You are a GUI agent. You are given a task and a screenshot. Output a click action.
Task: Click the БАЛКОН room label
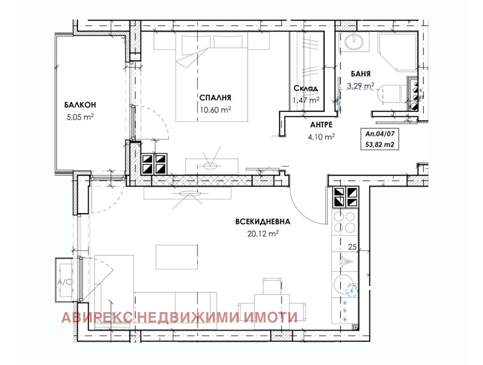click(80, 105)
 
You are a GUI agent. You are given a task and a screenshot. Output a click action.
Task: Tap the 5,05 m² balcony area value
click(80, 117)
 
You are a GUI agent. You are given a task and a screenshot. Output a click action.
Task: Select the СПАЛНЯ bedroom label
click(215, 98)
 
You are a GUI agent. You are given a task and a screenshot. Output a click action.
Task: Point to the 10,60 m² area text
click(215, 110)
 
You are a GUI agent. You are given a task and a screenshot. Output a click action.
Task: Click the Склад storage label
click(306, 88)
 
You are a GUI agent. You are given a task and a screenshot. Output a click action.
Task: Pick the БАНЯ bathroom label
click(361, 74)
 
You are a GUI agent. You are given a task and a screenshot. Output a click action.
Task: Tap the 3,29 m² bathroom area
click(361, 85)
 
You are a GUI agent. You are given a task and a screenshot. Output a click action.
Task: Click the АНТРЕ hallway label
click(321, 125)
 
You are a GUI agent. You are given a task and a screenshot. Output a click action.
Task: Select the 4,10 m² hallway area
click(321, 136)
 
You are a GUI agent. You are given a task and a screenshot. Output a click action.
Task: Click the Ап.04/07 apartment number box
click(380, 139)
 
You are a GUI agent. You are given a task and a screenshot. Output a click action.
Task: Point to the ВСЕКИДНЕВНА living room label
click(263, 221)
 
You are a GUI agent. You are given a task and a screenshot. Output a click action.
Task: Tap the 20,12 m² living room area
click(263, 234)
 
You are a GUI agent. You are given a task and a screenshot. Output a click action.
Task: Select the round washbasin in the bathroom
click(353, 42)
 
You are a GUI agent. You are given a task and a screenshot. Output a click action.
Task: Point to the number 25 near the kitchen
click(352, 246)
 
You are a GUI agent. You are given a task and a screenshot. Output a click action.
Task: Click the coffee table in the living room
click(176, 257)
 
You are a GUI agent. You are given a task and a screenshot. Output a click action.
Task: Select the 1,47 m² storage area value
click(306, 100)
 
